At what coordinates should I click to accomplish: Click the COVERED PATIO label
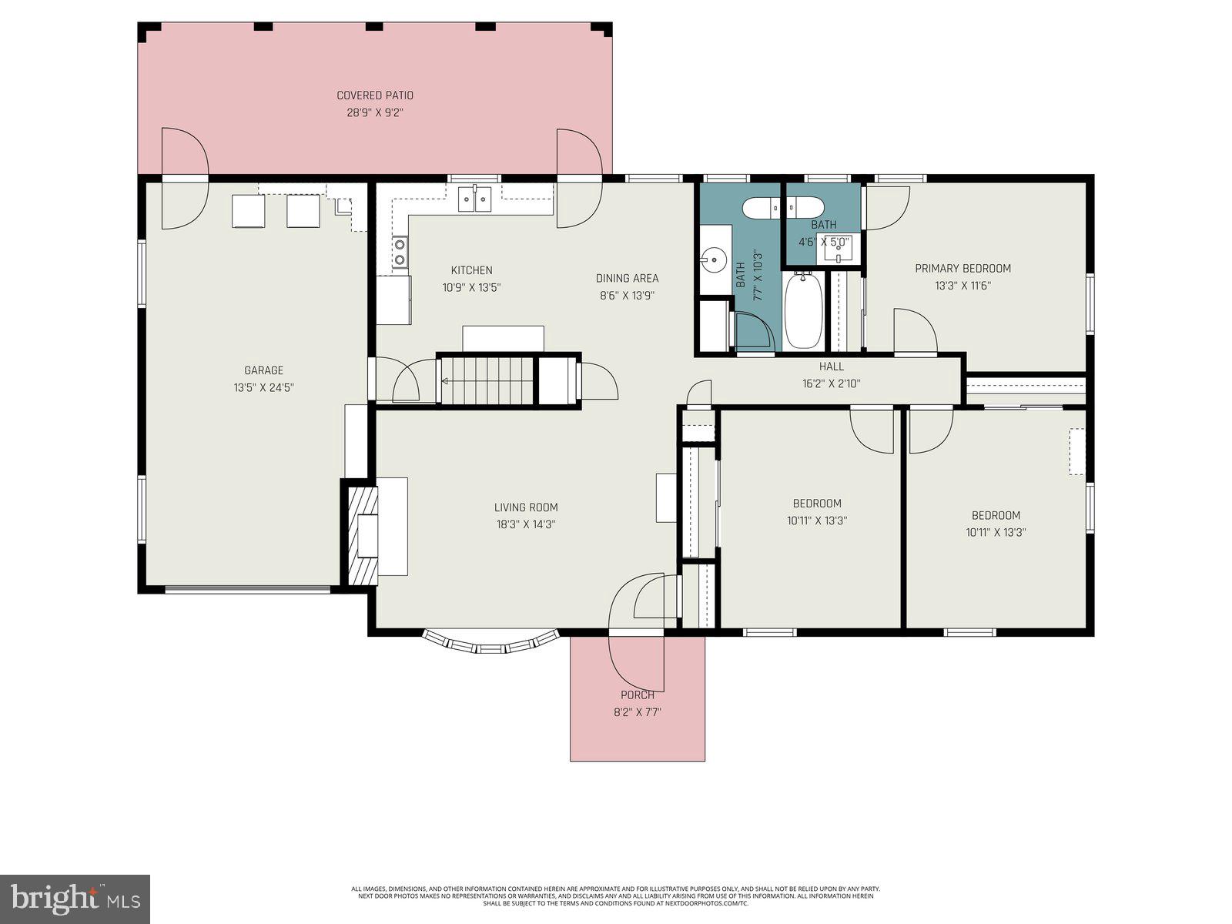[x=375, y=95]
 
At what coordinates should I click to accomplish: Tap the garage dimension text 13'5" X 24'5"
[x=264, y=387]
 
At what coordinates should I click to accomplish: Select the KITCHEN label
[x=471, y=270]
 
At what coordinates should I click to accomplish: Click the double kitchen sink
[x=474, y=199]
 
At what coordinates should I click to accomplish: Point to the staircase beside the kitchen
[x=487, y=380]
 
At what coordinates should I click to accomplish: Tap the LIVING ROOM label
[x=526, y=507]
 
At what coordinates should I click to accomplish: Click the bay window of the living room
[x=490, y=644]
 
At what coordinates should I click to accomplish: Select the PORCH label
[x=638, y=695]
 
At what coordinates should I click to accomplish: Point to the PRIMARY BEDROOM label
[x=962, y=269]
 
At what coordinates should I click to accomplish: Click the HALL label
[x=832, y=367]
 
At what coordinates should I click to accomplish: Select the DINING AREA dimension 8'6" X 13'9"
[x=627, y=295]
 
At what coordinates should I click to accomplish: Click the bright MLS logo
[x=75, y=899]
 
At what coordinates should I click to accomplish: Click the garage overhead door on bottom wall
[x=247, y=590]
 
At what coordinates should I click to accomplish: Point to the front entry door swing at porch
[x=636, y=608]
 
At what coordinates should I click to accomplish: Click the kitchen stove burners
[x=400, y=253]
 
